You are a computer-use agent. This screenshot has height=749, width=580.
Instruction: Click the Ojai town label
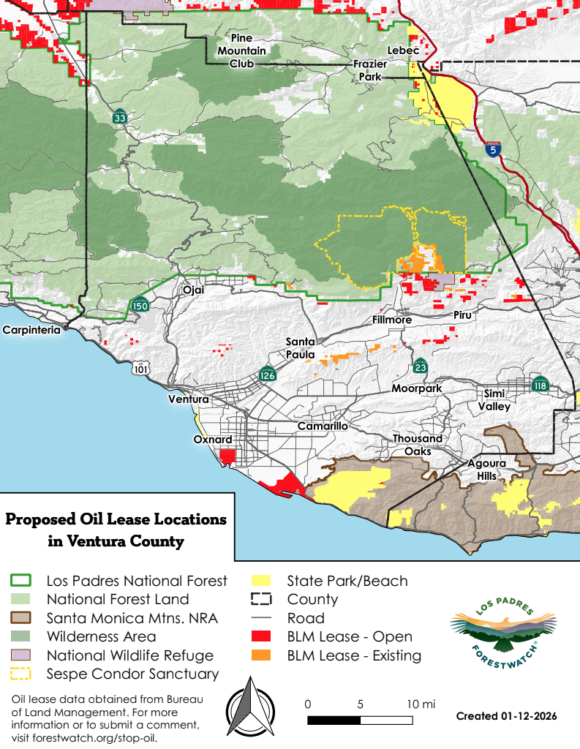193,290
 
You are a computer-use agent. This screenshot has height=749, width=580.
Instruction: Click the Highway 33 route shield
120,117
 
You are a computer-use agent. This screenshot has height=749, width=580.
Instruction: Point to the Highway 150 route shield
140,304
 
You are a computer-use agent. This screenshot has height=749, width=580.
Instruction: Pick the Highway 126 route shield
267,374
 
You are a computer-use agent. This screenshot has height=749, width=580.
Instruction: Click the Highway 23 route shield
420,366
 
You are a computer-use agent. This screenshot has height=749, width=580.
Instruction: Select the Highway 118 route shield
541,385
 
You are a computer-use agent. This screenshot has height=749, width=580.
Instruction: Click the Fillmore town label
392,320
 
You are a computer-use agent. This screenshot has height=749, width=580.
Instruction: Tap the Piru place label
463,315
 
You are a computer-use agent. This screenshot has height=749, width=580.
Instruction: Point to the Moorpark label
416,388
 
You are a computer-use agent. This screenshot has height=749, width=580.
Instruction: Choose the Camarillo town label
323,426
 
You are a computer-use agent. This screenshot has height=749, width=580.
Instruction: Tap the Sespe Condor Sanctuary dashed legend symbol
21,674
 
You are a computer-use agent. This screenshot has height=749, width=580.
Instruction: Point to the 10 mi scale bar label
420,704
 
